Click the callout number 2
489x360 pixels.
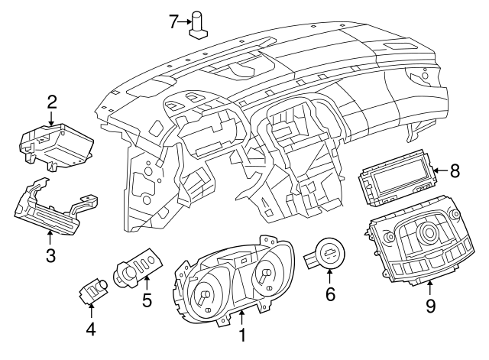51,101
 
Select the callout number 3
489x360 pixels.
50,257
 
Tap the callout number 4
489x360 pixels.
90,329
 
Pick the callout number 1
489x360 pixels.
243,335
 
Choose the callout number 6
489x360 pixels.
330,293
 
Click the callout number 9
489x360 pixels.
430,306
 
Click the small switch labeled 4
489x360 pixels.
96,290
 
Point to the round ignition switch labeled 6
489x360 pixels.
329,253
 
